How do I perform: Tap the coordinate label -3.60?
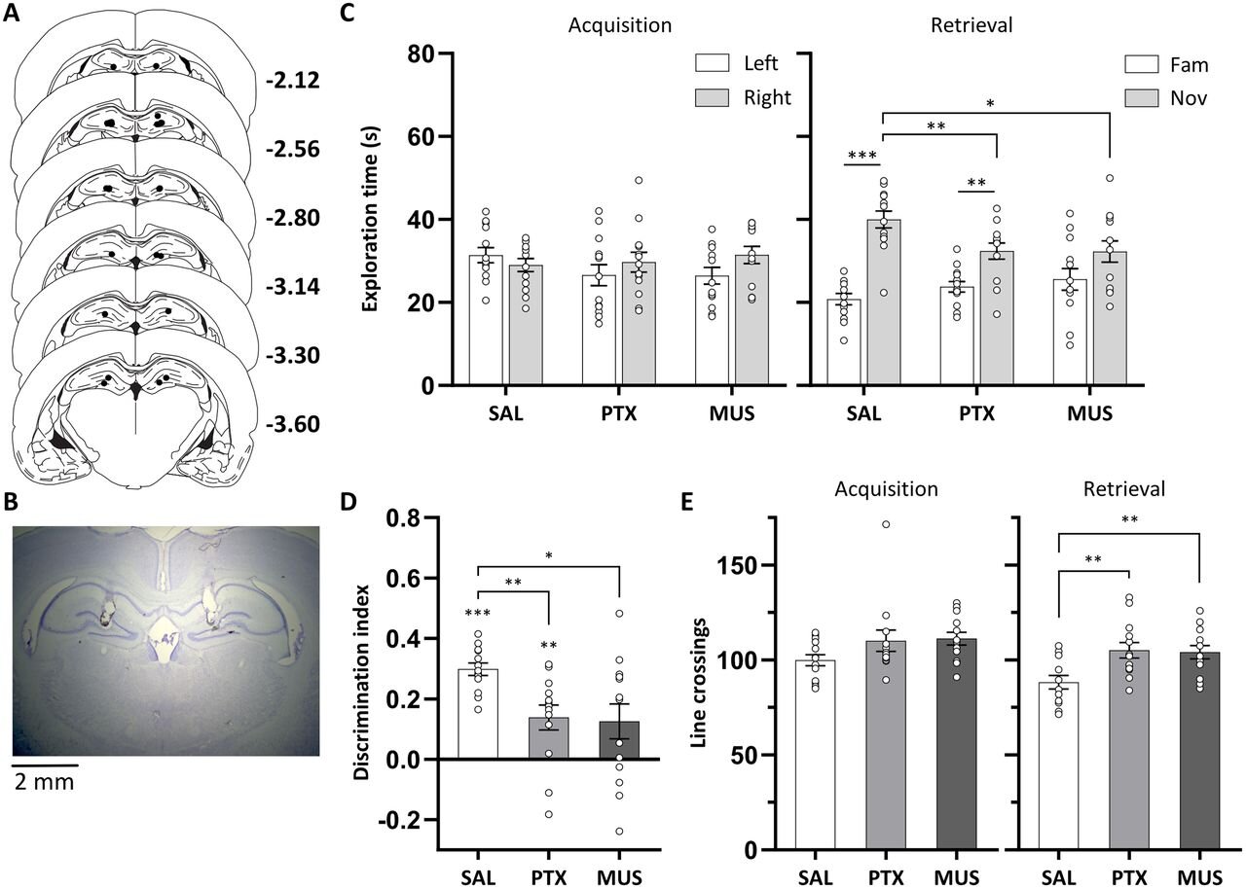coord(292,425)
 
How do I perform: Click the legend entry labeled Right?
coord(767,96)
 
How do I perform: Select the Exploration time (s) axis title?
coord(371,220)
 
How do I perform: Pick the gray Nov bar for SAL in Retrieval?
coord(883,302)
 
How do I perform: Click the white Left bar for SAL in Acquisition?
coord(486,320)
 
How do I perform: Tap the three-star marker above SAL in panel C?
coord(861,155)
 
